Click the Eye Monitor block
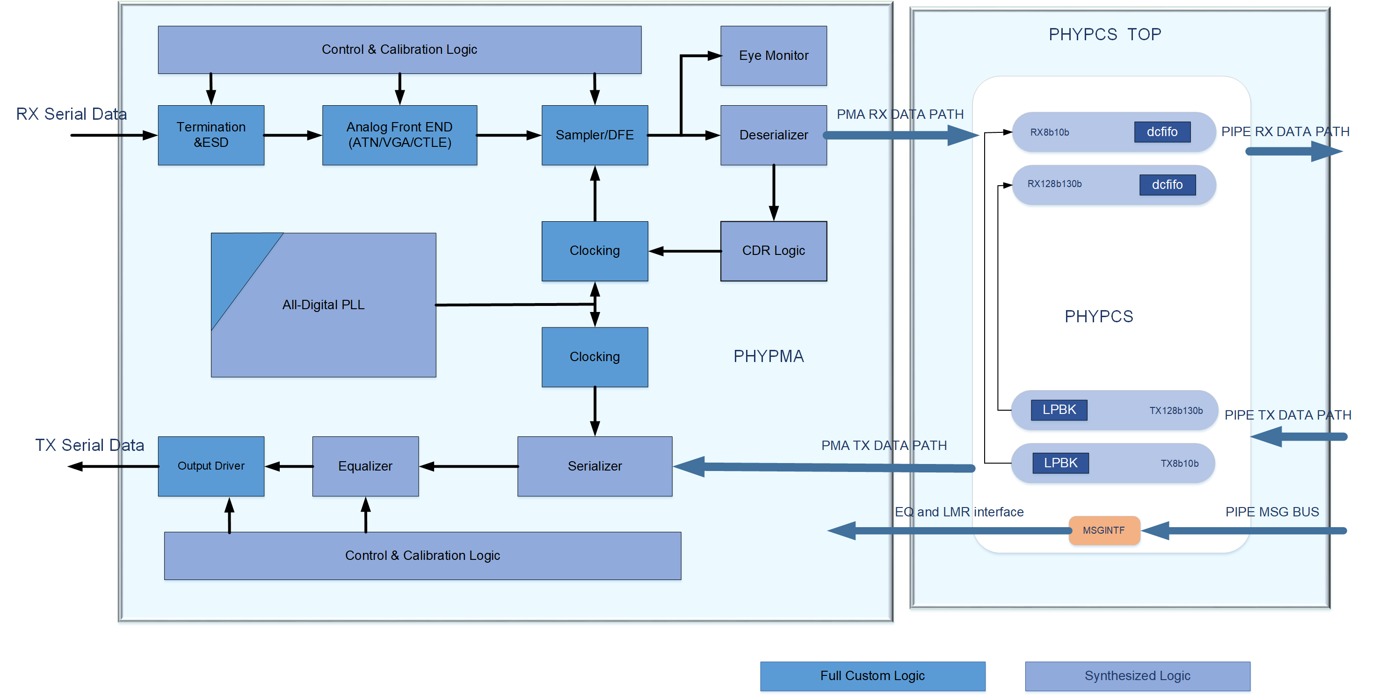[773, 56]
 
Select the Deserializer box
[773, 135]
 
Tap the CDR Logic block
[773, 251]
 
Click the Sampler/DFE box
[595, 135]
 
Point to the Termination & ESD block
[211, 135]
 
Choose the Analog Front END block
[399, 135]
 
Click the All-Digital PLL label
[323, 305]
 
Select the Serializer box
[595, 466]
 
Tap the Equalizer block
[365, 466]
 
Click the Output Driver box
[211, 466]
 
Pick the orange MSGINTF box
[1103, 530]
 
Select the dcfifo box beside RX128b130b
[1167, 185]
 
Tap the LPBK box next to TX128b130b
[1059, 410]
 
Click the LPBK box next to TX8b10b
[1060, 463]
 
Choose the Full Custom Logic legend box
[872, 676]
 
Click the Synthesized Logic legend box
[1137, 676]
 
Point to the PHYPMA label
[768, 356]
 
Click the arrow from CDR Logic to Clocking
[684, 251]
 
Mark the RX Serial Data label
[71, 114]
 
